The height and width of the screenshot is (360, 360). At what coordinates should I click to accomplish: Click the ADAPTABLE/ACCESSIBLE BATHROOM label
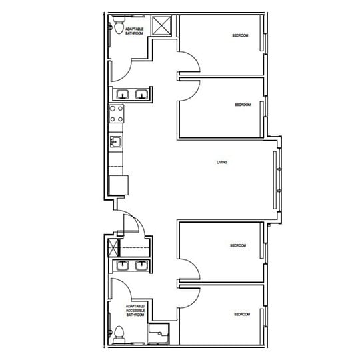(135, 311)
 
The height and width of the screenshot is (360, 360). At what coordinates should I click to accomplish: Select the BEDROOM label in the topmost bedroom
(240, 35)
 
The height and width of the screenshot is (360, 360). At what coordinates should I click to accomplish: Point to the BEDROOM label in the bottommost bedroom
(241, 314)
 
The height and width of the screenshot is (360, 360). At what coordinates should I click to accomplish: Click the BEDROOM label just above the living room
(242, 105)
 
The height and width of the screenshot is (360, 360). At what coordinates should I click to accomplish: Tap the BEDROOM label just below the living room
(238, 245)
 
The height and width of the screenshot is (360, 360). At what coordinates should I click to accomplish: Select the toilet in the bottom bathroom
(119, 332)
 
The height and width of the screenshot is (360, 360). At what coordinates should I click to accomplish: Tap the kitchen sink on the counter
(116, 142)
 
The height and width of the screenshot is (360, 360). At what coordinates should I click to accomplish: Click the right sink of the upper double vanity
(141, 95)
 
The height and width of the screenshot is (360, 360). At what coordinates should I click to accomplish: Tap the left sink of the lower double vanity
(122, 266)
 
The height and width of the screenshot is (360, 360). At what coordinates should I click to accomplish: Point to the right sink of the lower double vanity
(141, 266)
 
